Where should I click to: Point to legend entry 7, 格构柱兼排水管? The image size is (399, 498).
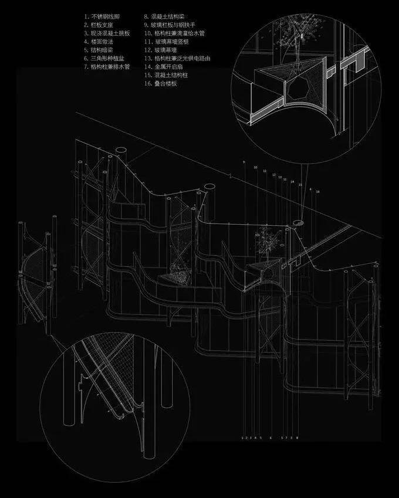coord(106,67)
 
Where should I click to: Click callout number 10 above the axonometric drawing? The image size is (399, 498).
coord(255,167)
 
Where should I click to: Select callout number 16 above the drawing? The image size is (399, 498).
coord(318,191)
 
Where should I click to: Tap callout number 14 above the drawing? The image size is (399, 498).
coord(292,182)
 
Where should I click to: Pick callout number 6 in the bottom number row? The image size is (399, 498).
coord(270,438)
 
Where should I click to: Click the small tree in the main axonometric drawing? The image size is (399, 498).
coord(265,240)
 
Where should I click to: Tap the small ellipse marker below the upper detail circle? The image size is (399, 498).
coord(299,222)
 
